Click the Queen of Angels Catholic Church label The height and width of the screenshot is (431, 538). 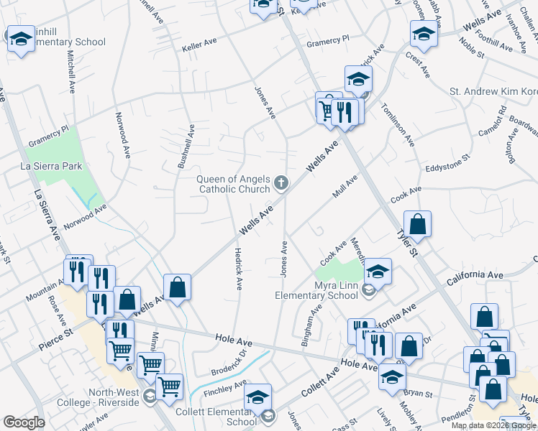coord(234,185)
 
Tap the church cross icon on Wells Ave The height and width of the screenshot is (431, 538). coord(281,185)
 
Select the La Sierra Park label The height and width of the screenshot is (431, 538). coord(51,167)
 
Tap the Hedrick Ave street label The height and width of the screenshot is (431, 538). coord(238,269)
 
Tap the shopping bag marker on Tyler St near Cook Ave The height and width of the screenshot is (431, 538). coord(417,225)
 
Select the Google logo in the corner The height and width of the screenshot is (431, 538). coord(24,422)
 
